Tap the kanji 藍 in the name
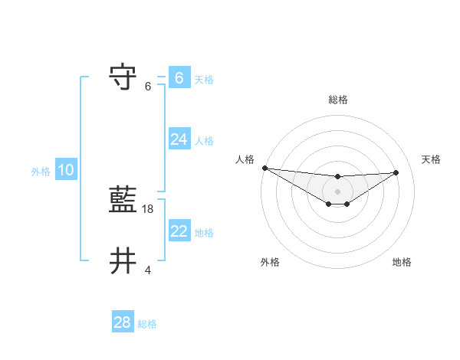[x=124, y=201]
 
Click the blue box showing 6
[x=179, y=78]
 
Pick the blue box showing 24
[x=179, y=139]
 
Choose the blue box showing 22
[x=179, y=231]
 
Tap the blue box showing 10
[x=66, y=170]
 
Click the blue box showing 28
[x=122, y=322]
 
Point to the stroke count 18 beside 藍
[x=149, y=208]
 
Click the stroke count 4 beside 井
[x=148, y=270]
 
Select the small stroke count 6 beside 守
[x=148, y=86]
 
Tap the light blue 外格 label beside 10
[x=41, y=172]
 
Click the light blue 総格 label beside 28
[x=147, y=324]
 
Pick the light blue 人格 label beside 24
[x=204, y=141]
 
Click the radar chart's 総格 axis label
[x=338, y=100]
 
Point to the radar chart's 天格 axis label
[x=431, y=159]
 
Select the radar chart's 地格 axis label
[x=402, y=263]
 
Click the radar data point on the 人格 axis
[x=264, y=168]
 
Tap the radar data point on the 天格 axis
[x=396, y=172]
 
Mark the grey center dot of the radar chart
[x=338, y=191]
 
